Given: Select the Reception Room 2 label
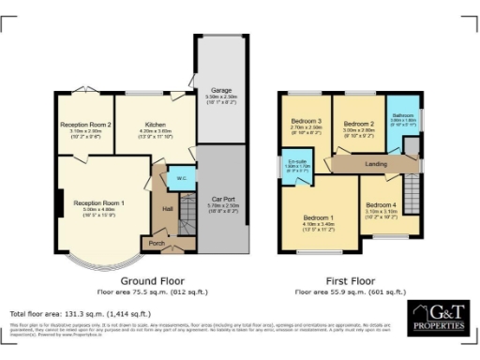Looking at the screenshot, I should tap(86, 124).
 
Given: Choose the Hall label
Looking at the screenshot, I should tap(168, 208).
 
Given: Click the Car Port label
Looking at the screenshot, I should tap(222, 199).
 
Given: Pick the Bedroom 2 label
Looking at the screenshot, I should tap(358, 124).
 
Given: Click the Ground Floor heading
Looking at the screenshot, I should tap(153, 280).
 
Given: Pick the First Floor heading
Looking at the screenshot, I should tap(344, 280).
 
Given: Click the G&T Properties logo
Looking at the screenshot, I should tap(437, 317).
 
